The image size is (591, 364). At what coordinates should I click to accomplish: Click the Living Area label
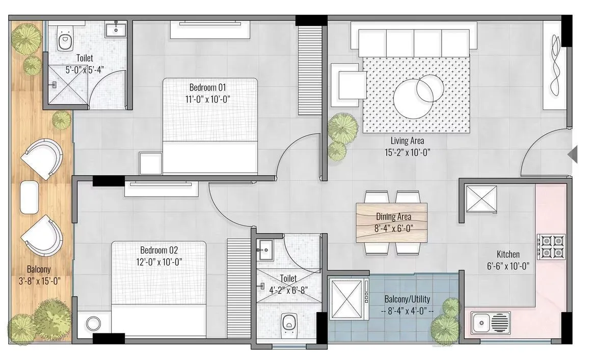tap(407, 141)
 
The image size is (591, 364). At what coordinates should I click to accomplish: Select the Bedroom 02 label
tap(159, 250)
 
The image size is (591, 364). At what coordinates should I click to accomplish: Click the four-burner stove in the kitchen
tap(552, 246)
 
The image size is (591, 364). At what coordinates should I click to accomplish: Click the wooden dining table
tap(391, 222)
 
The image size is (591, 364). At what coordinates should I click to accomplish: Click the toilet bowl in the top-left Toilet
tap(64, 41)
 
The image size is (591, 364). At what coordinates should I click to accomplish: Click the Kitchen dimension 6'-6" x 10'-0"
tap(508, 265)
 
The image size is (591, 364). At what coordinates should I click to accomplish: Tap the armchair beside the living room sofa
tap(348, 81)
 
